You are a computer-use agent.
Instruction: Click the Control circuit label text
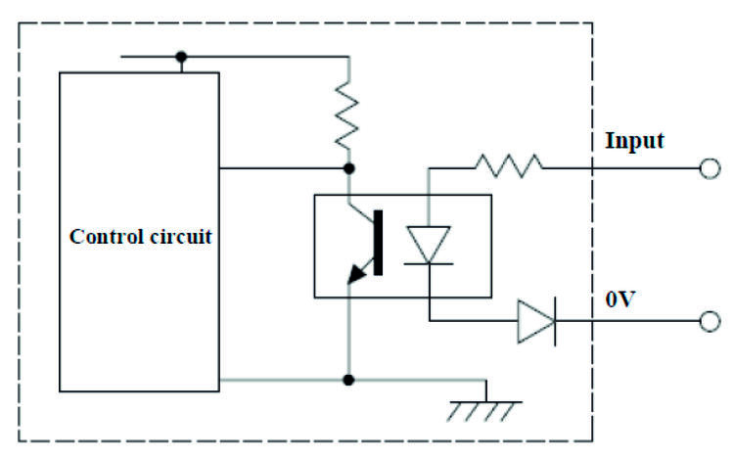[141, 237]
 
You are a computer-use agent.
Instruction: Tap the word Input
[634, 141]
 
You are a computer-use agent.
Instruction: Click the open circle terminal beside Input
[710, 168]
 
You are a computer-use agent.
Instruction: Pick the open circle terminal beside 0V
[710, 321]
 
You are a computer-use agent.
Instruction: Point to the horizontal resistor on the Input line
[509, 167]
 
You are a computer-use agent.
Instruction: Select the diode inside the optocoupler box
[429, 245]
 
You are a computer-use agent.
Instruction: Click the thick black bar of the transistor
[379, 242]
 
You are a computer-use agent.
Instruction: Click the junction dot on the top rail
[181, 57]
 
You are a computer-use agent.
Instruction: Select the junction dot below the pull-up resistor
[349, 168]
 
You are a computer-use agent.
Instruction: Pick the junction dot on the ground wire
[349, 379]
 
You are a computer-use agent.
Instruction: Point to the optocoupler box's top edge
[402, 195]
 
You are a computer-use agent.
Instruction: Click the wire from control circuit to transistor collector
[284, 168]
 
